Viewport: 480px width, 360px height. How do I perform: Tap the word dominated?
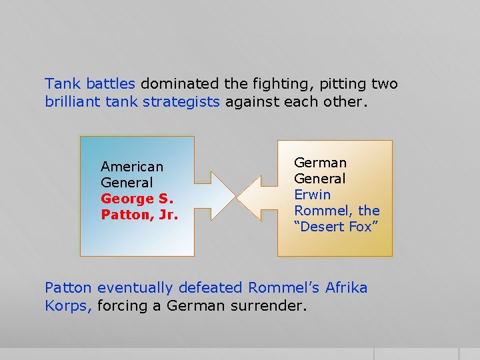point(179,84)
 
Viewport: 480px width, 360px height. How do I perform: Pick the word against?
point(251,103)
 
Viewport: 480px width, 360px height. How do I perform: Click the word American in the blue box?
point(132,167)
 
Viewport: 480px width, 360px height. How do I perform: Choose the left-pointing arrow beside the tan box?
point(257,197)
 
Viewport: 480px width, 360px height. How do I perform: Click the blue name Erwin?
point(313,195)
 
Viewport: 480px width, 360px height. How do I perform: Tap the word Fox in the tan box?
point(365,227)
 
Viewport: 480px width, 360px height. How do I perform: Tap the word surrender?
point(269,307)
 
